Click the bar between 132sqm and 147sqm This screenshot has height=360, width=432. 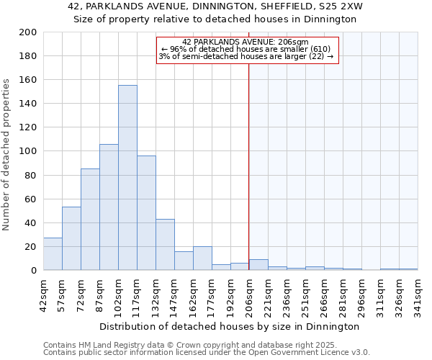165,245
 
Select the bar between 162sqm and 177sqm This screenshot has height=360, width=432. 202,258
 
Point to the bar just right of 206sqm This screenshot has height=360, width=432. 258,265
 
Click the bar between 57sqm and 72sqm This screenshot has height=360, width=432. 71,238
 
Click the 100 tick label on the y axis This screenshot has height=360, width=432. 28,151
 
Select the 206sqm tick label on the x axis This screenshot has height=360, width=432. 249,293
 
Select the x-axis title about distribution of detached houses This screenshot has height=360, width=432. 230,326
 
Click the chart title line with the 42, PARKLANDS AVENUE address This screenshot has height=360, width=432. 215,6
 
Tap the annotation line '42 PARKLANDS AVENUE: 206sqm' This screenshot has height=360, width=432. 246,42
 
